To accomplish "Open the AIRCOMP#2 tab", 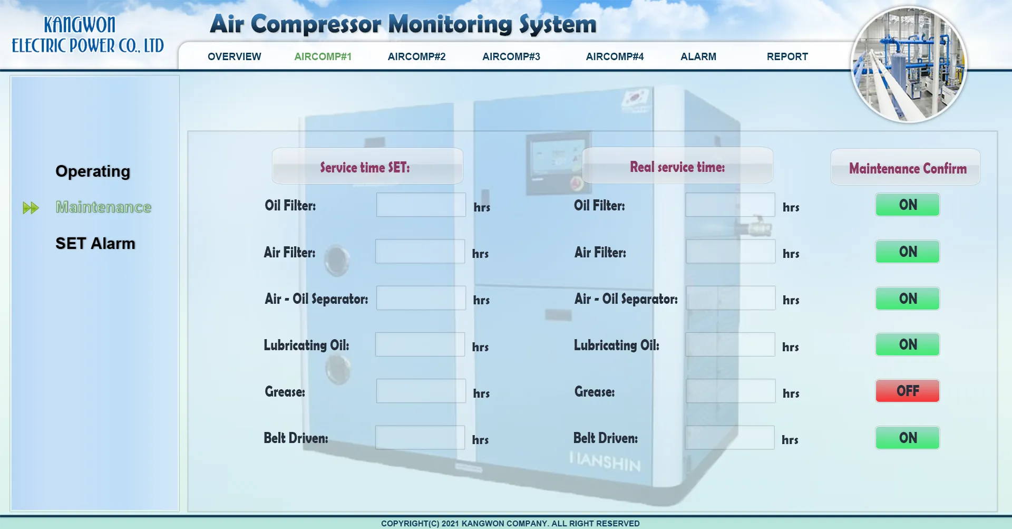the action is [x=416, y=56].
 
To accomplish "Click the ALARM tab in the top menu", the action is [x=698, y=56].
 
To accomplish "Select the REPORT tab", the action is [x=787, y=56].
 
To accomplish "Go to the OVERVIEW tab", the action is [x=235, y=56].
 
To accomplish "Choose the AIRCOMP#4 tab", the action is [x=615, y=56].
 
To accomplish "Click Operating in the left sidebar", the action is [x=93, y=171].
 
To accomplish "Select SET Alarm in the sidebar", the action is [x=95, y=243].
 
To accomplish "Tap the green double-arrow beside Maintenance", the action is [x=31, y=208].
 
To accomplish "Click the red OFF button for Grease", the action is [x=908, y=391].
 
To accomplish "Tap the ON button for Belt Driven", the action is [x=908, y=438].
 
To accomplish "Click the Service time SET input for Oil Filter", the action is [x=421, y=205].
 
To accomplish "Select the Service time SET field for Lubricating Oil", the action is [x=420, y=344].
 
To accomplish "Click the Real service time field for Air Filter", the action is [x=731, y=252].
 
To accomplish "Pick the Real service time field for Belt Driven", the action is [x=730, y=438].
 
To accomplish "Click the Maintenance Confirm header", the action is [x=906, y=167].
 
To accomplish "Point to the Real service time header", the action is [x=678, y=166].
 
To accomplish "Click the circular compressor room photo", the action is [x=909, y=64].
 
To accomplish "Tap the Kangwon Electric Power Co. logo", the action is [x=87, y=35].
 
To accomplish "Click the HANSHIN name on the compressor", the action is [x=605, y=461].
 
